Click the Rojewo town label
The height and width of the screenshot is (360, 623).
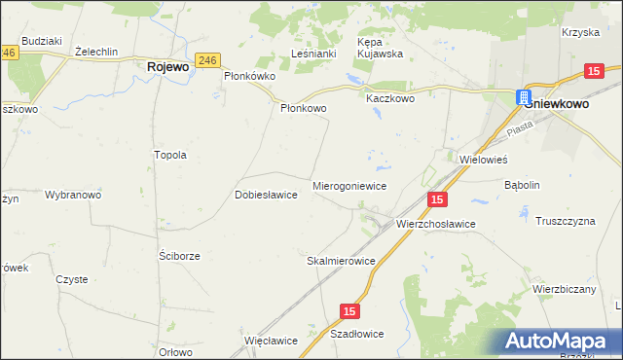167,67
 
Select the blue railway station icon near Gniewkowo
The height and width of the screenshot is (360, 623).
524,98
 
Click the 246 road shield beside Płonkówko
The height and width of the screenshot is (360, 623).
205,59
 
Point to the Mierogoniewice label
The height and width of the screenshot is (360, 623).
349,185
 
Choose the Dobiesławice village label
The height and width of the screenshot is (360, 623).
266,194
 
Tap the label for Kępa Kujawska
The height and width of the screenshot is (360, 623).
381,49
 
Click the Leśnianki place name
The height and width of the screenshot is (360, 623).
313,54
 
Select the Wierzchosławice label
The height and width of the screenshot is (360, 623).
435,224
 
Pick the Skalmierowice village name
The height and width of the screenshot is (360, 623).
341,261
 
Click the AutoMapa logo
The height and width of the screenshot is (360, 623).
559,340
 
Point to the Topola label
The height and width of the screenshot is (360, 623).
169,155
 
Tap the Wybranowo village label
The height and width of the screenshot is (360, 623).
73,195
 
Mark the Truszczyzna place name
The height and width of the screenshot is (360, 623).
565,221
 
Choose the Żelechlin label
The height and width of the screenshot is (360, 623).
95,51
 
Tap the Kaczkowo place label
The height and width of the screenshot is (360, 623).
389,99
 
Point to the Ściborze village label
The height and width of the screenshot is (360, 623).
179,255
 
